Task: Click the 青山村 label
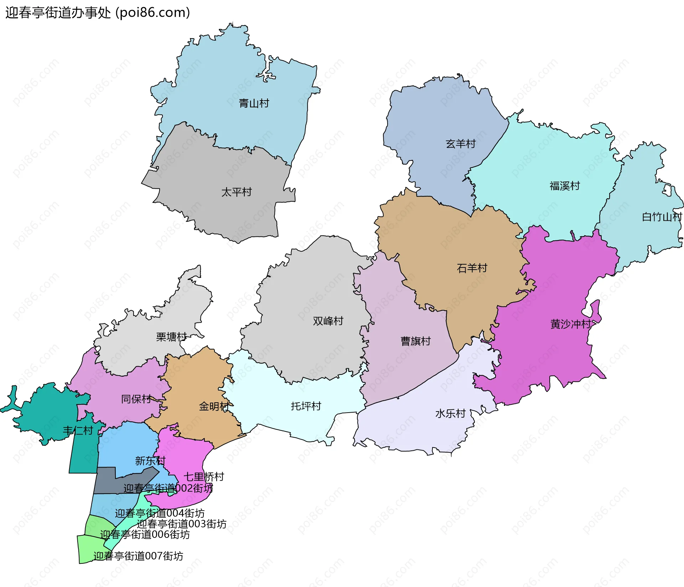tap(254, 103)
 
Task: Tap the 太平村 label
tap(237, 192)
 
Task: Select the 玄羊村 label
tap(461, 144)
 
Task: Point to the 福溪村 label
tap(565, 186)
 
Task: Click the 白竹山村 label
tap(662, 217)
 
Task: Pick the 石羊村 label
tap(472, 268)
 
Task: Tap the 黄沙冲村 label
tap(571, 324)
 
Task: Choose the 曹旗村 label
tap(415, 341)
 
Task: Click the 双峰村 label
tap(328, 321)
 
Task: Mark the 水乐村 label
tap(450, 413)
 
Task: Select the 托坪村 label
tap(306, 406)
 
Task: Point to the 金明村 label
tap(214, 406)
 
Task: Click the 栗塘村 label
tap(171, 337)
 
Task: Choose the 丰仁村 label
tap(78, 431)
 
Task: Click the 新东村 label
tap(150, 461)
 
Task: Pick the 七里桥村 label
tap(204, 477)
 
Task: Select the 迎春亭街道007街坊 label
tap(138, 556)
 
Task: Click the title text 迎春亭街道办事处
tap(58, 12)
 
